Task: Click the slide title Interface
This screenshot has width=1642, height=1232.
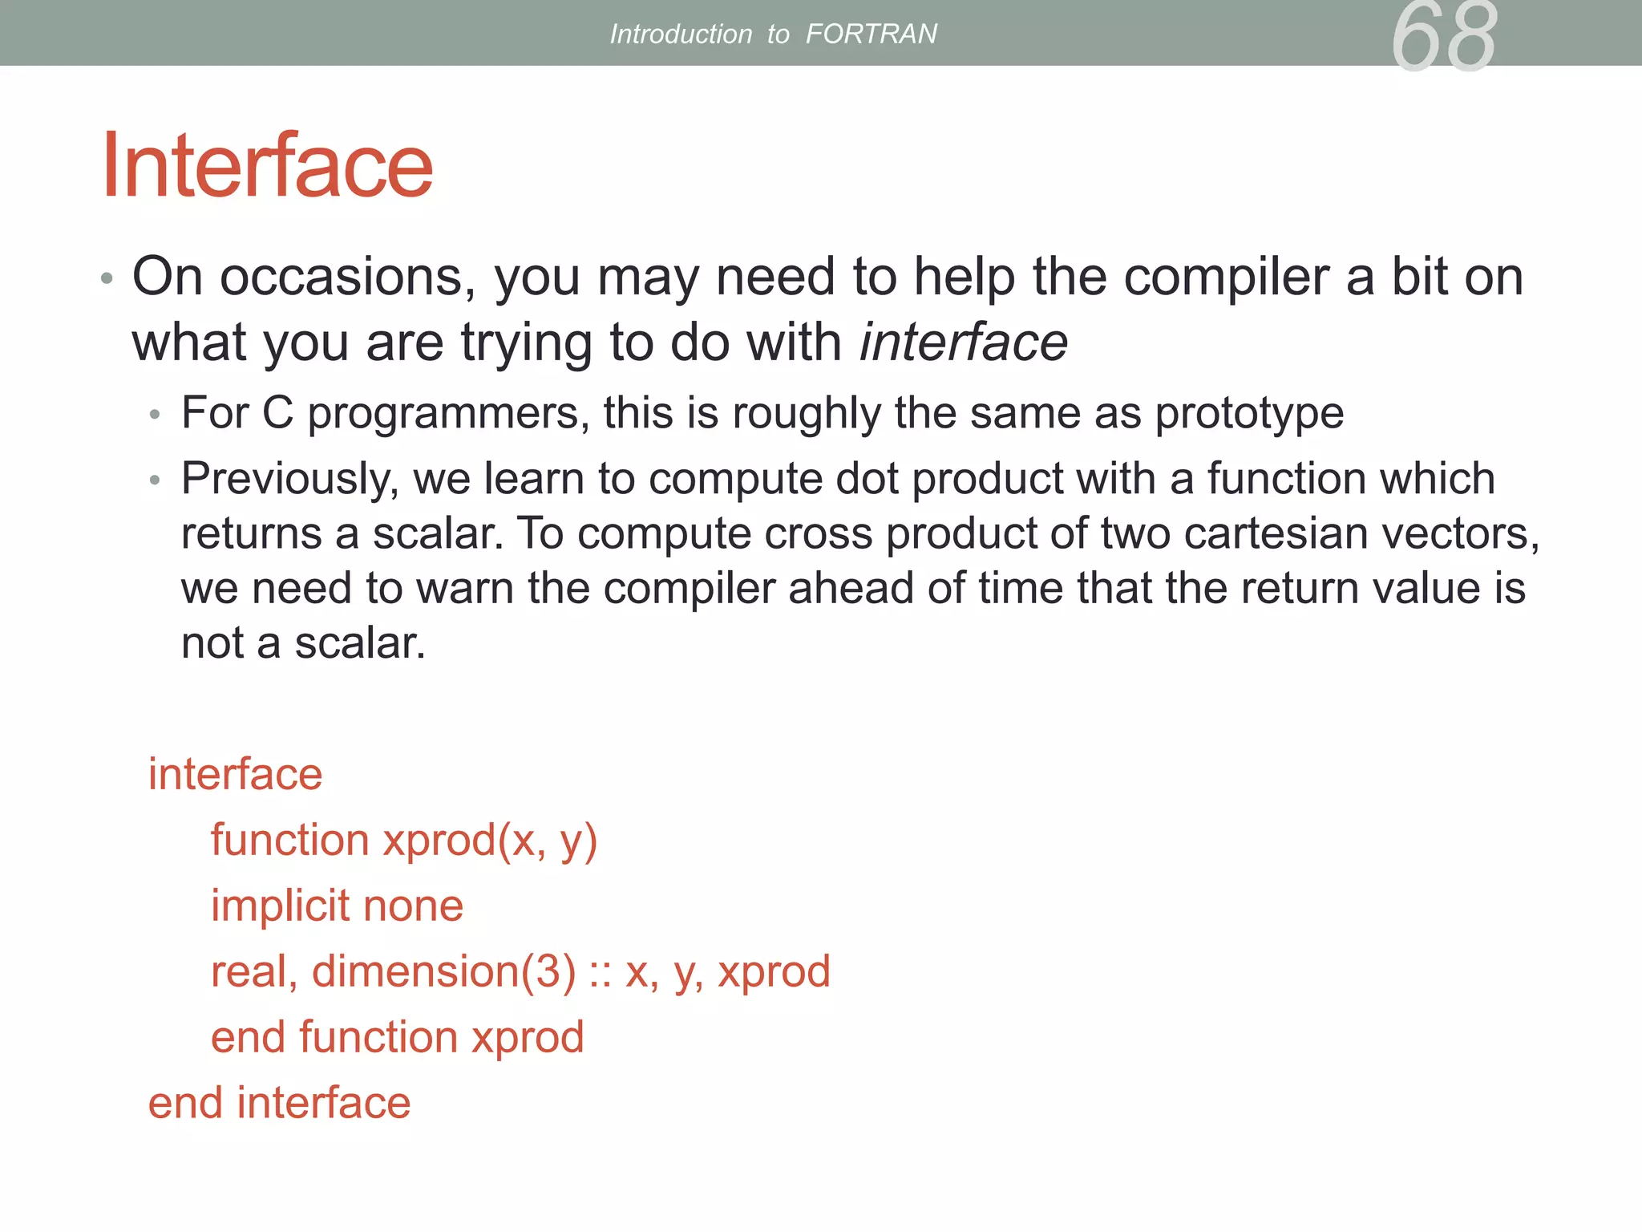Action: point(267,166)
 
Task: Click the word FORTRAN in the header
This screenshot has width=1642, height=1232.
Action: point(871,34)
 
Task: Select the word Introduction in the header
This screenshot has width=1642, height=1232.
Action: point(681,34)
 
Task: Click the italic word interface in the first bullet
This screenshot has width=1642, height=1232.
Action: point(963,342)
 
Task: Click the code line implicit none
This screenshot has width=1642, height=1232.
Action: point(337,906)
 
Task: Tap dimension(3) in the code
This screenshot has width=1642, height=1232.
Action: point(443,971)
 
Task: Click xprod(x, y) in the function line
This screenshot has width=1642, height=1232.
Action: point(490,841)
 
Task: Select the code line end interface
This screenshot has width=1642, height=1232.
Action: point(279,1103)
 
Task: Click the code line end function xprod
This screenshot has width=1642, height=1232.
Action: point(397,1037)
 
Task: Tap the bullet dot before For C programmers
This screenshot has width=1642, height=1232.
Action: point(156,415)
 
